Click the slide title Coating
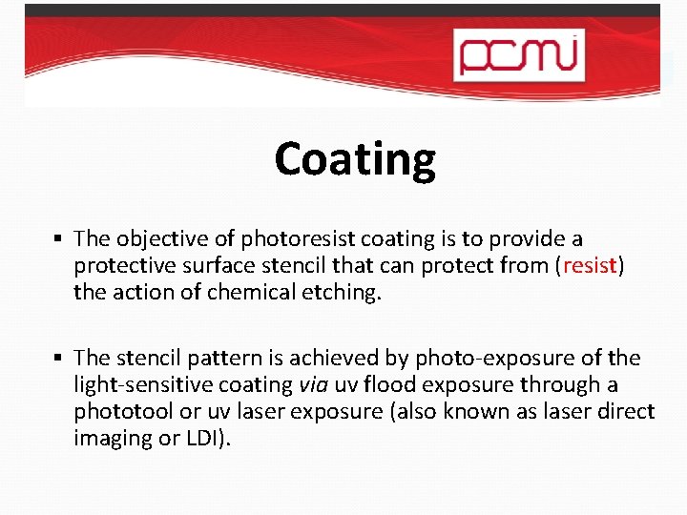coord(355,159)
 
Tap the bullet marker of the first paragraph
coord(59,237)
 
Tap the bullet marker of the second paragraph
coord(59,358)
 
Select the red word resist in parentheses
coord(589,265)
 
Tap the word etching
coord(343,292)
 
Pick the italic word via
coord(312,384)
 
